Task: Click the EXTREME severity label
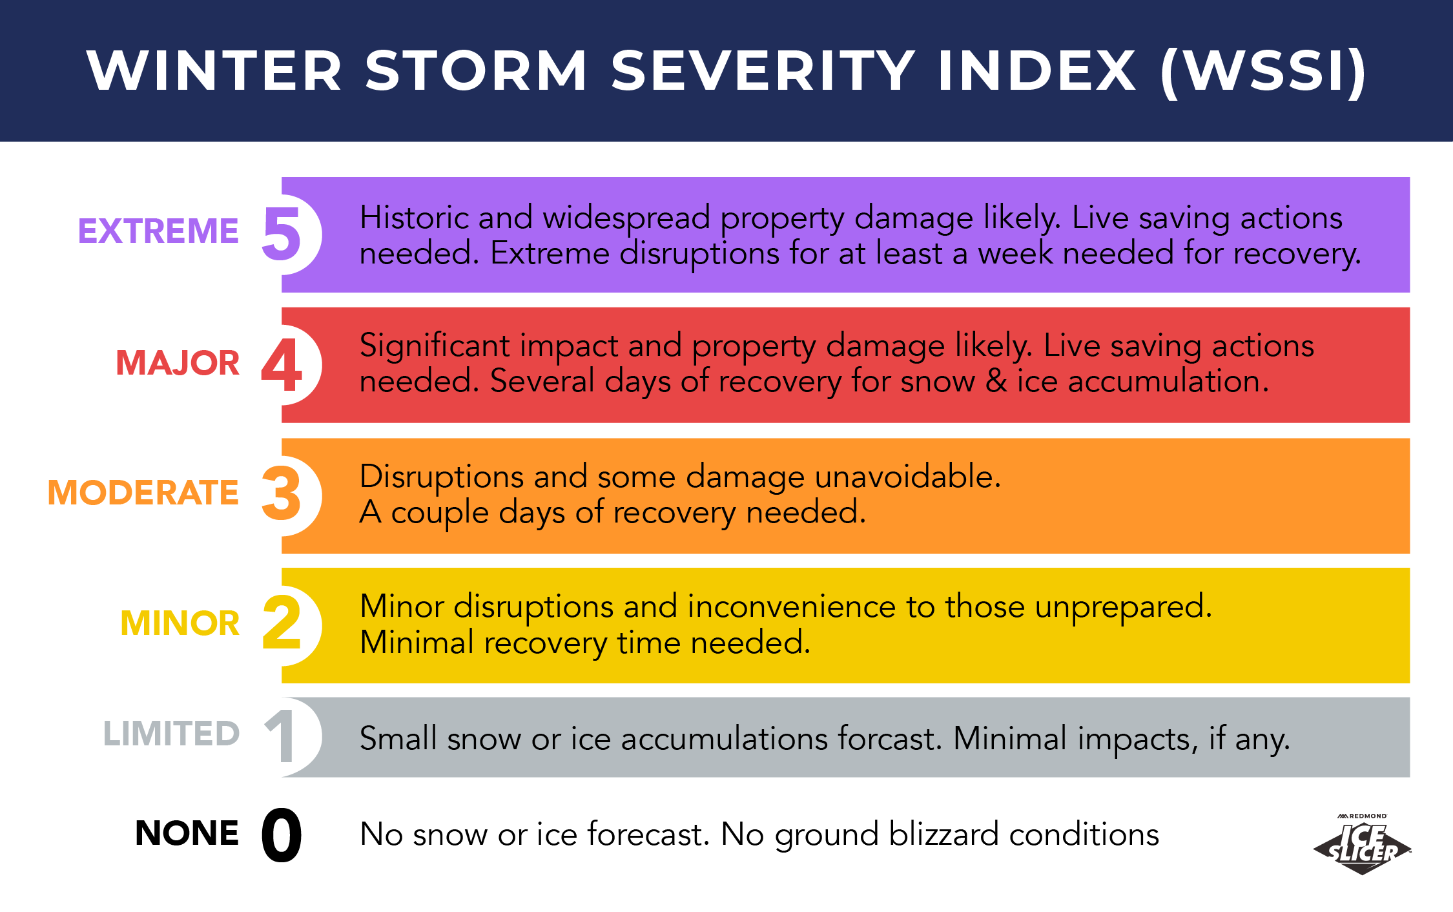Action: click(158, 231)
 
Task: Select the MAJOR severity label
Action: click(178, 363)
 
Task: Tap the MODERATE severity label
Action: click(143, 493)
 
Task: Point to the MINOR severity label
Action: click(180, 623)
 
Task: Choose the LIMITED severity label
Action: click(172, 734)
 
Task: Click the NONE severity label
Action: click(187, 833)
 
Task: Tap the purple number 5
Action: click(282, 234)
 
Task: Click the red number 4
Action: click(282, 365)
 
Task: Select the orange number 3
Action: click(282, 495)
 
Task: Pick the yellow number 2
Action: click(282, 623)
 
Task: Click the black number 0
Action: click(282, 835)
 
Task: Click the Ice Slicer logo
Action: click(1363, 846)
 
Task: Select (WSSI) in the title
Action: click(1263, 71)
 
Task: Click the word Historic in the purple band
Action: click(413, 218)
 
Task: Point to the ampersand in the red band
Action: click(996, 381)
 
